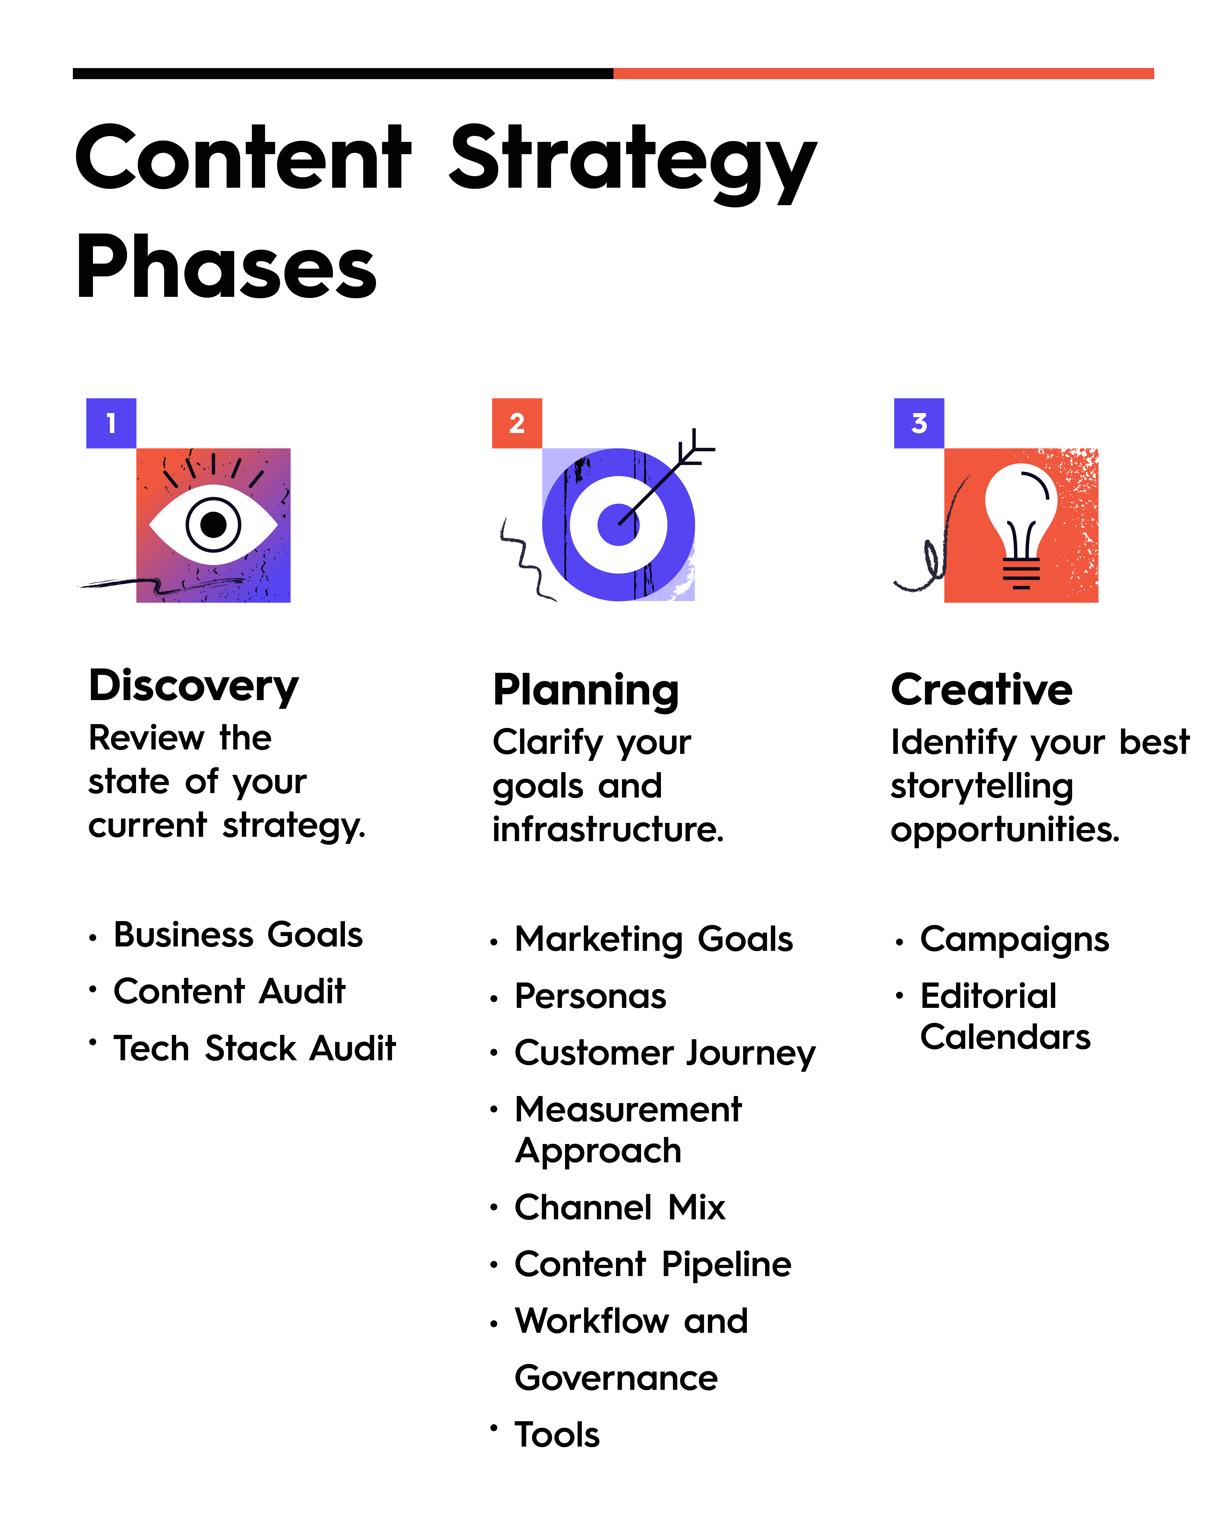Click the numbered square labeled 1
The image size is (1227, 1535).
coord(111,423)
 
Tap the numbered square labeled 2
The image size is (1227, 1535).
coord(517,423)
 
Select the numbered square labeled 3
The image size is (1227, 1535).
coord(919,423)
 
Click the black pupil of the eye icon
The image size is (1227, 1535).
coord(213,525)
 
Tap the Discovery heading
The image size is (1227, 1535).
coord(194,686)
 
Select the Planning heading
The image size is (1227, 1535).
coord(586,691)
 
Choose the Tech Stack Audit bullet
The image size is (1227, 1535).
coord(254,1049)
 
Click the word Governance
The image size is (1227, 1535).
coord(616,1378)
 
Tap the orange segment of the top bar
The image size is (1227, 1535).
coord(883,73)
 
